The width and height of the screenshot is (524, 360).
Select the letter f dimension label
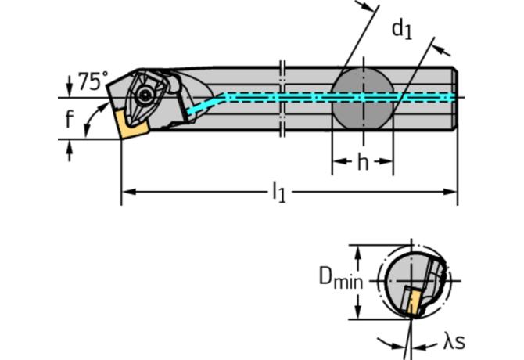click(70, 120)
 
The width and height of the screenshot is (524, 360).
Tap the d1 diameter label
click(401, 30)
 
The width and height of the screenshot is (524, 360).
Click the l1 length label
click(278, 192)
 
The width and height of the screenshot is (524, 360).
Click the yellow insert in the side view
click(127, 124)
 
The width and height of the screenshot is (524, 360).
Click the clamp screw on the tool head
click(146, 95)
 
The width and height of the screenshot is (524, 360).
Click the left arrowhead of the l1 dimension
click(127, 190)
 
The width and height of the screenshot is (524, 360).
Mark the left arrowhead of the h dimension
click(338, 163)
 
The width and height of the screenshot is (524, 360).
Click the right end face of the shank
click(454, 97)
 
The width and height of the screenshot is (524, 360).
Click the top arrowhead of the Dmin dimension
click(358, 252)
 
